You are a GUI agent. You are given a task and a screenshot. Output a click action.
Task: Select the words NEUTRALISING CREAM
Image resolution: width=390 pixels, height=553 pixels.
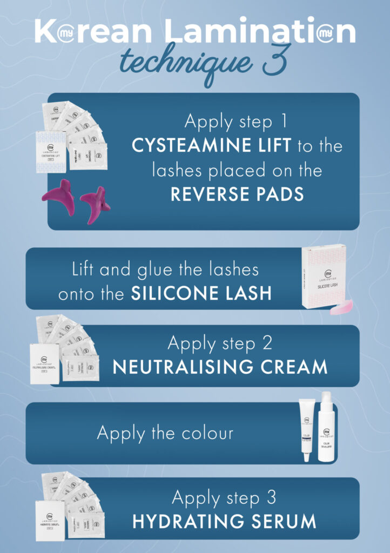220,367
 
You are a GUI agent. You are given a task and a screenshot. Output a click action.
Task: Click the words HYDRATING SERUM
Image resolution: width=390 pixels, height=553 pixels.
224,521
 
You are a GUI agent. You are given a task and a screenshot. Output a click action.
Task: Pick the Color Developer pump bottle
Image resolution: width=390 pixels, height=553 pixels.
326,430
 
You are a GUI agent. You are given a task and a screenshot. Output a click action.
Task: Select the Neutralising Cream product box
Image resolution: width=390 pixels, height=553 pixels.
45,363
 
